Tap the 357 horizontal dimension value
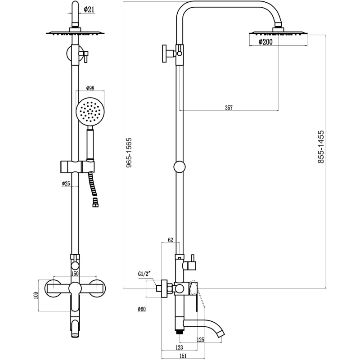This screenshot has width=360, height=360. pyautogui.click(x=229, y=108)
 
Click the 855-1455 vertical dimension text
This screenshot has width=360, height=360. pyautogui.click(x=321, y=147)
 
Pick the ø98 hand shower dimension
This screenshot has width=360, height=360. pyautogui.click(x=90, y=88)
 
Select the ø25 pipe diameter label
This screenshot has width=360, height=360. pyautogui.click(x=66, y=184)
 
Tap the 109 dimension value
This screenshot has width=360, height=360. pyautogui.click(x=36, y=294)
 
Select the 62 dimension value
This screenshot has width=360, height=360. pyautogui.click(x=171, y=240)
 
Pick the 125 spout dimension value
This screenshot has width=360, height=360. pyautogui.click(x=200, y=339)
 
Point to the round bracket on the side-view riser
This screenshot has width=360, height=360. pyautogui.click(x=180, y=167)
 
